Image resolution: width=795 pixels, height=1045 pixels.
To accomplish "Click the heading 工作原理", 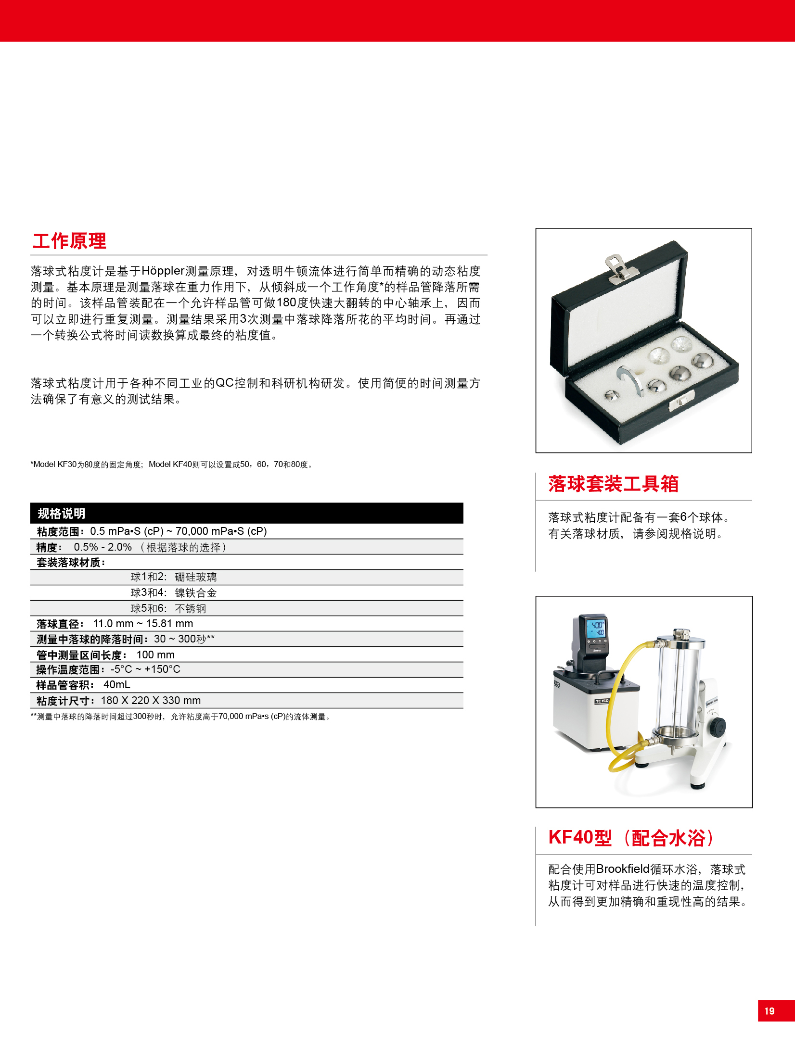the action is (x=69, y=241).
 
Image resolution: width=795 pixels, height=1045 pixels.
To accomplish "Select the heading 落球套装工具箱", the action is (x=613, y=484).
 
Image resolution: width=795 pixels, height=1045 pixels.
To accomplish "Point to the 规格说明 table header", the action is (x=61, y=514).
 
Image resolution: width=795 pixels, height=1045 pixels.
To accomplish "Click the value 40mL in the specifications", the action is (x=117, y=685).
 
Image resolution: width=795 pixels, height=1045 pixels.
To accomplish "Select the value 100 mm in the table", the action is (x=155, y=655).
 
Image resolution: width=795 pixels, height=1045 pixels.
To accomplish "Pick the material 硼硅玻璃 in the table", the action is (x=196, y=577).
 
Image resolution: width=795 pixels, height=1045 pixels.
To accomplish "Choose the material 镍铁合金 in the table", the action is (x=196, y=593).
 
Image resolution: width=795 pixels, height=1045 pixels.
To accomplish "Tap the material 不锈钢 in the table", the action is (x=191, y=609).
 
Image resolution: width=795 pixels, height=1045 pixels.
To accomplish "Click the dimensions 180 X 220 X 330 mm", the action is (x=151, y=700).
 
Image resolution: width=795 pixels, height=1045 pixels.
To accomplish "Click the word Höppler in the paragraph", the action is (x=163, y=271).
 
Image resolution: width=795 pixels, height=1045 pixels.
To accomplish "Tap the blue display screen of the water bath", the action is (x=596, y=628).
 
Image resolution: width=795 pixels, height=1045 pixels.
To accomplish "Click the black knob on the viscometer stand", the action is (x=718, y=726).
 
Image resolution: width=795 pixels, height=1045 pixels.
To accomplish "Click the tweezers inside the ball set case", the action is (x=630, y=379).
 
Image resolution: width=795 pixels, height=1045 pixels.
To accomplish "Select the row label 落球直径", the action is (x=57, y=624).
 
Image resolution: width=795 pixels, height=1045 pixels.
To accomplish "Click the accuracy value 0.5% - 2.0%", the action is (x=103, y=547).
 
